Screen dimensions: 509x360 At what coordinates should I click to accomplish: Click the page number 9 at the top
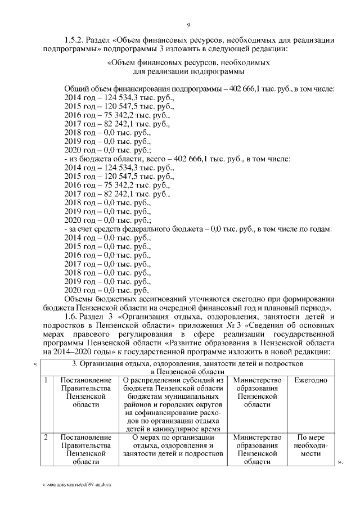(188, 25)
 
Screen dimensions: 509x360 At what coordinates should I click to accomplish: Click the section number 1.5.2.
(74, 40)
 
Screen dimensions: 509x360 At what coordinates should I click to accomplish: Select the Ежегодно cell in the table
(310, 381)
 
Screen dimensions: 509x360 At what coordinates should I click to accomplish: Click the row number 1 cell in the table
(46, 381)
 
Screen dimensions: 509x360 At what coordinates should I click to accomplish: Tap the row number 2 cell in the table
(46, 437)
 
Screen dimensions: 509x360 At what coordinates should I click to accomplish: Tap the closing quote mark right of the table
(339, 462)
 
